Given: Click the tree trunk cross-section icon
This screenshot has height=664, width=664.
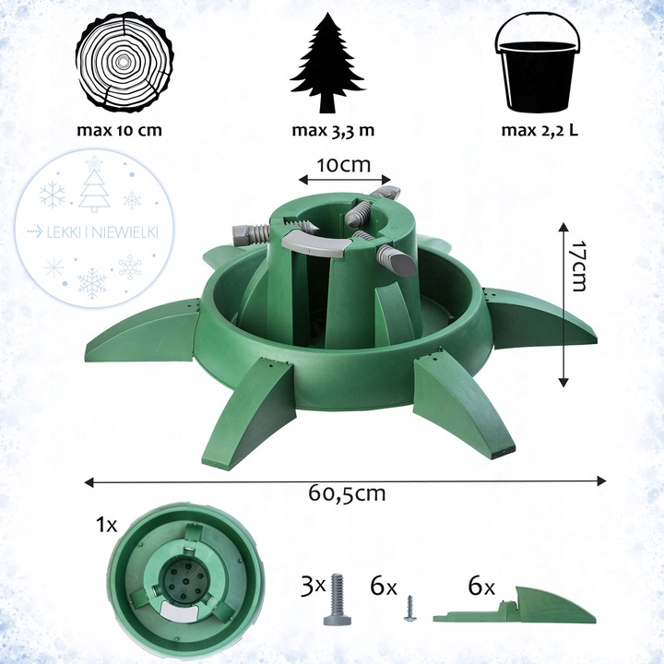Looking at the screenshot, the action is click(125, 65).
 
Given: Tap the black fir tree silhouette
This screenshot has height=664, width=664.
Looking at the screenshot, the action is click(327, 64).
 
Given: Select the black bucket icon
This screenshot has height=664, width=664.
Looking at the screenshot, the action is click(538, 65).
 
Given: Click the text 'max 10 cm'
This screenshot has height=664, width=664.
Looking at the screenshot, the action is click(119, 130).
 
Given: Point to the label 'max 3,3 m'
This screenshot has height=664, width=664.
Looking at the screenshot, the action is click(333, 130).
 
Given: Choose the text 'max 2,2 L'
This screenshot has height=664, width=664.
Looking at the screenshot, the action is click(539, 130).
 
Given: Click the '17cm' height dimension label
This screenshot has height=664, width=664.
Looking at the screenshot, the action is click(577, 267).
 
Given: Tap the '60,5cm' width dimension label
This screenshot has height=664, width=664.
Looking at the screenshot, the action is click(347, 493).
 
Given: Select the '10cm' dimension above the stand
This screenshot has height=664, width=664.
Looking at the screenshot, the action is click(343, 165).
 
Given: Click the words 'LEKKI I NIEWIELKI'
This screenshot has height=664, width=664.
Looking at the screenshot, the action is click(102, 232).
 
